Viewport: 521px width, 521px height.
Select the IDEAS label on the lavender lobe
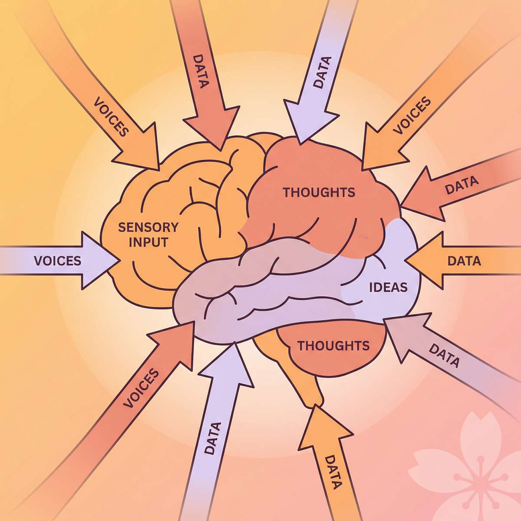click(388, 287)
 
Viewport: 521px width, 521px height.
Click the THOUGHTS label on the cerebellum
click(333, 346)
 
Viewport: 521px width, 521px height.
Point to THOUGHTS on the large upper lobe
click(319, 192)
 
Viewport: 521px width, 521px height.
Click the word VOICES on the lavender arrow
click(57, 260)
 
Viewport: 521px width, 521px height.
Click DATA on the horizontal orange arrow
click(464, 261)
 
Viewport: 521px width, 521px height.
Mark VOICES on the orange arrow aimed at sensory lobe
click(112, 116)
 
